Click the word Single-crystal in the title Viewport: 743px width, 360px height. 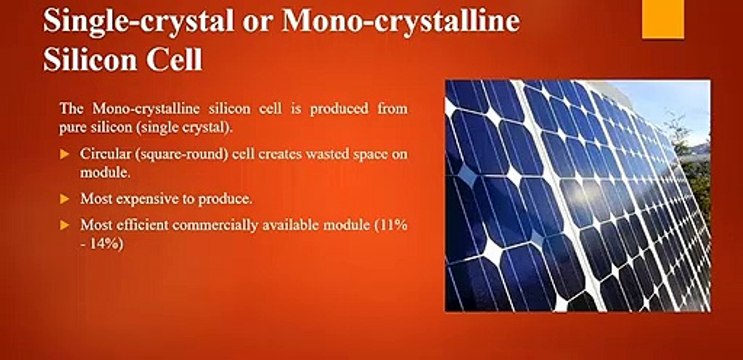[x=138, y=22]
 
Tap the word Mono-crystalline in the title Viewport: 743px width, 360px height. [x=403, y=22]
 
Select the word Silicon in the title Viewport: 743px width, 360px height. [x=89, y=60]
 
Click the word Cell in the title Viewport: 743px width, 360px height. [x=174, y=60]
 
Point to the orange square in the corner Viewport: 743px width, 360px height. [x=663, y=19]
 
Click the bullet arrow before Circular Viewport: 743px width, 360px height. [x=65, y=155]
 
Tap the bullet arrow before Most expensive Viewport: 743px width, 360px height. [x=65, y=199]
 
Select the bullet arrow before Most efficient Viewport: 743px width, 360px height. [x=65, y=225]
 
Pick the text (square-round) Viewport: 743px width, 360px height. [x=175, y=155]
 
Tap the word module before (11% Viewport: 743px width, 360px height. [x=346, y=225]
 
